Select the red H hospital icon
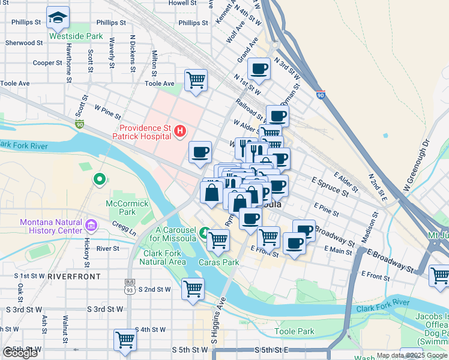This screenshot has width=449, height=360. click(x=179, y=131)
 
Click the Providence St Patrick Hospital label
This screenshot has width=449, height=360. click(x=145, y=132)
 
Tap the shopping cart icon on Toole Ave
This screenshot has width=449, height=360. click(x=196, y=79)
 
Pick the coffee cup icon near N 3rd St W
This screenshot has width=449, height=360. click(x=259, y=68)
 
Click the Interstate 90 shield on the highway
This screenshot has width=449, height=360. click(x=321, y=94)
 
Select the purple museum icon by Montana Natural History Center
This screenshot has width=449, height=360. click(x=91, y=226)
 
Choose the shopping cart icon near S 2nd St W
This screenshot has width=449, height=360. click(x=193, y=289)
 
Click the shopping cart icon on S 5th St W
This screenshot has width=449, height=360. click(x=125, y=340)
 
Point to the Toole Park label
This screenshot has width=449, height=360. click(x=294, y=331)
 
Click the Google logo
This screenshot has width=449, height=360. click(x=20, y=353)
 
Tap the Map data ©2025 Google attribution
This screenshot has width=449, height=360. click(x=412, y=355)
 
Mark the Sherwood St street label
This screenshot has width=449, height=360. click(x=24, y=43)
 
